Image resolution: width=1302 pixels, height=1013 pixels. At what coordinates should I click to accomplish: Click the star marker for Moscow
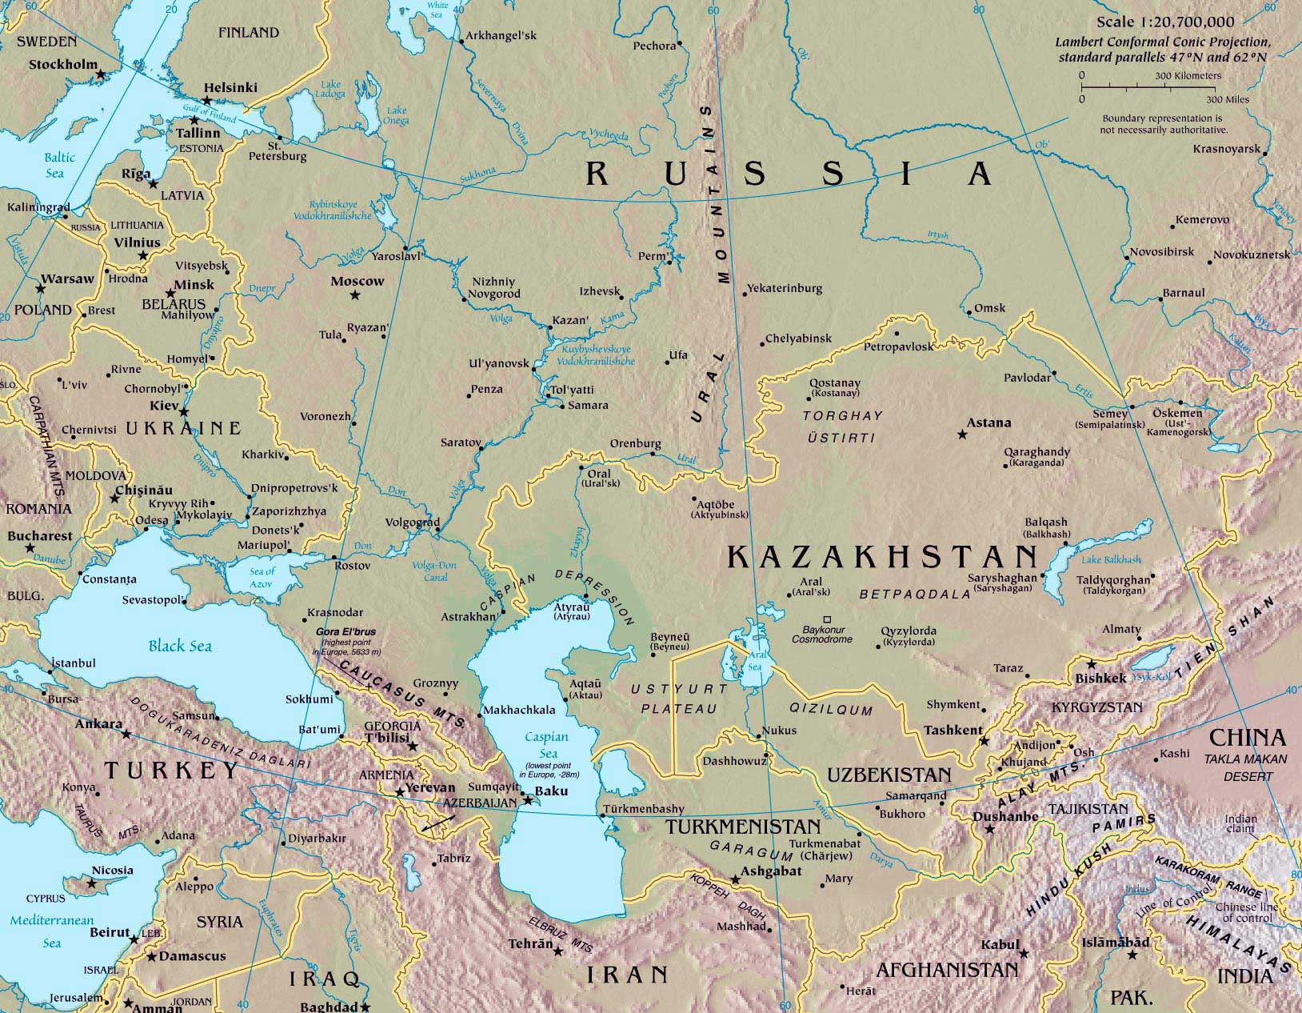coord(355,295)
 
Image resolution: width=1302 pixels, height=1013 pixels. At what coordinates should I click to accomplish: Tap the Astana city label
coord(988,422)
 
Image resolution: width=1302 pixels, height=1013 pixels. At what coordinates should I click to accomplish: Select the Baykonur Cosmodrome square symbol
coord(828,619)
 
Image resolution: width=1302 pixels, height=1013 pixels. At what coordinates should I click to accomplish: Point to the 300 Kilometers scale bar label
coord(1188,75)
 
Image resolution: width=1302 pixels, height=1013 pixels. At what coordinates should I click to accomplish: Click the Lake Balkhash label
coord(1111,559)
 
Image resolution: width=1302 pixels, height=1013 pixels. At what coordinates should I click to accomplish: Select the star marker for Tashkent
coord(984,741)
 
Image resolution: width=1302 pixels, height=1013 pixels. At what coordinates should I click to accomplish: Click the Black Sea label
coord(180,645)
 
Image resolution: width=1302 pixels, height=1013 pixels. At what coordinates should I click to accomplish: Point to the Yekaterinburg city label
coord(785,288)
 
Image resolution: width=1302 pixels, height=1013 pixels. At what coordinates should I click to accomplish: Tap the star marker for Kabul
coord(1024,952)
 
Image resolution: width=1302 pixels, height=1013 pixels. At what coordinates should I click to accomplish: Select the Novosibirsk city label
coord(1161,252)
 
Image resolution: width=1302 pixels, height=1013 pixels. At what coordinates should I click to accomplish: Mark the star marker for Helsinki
coord(207,101)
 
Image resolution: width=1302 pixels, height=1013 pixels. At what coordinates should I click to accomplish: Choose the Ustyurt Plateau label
coord(679,699)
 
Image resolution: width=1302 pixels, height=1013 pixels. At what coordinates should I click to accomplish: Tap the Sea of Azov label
coord(262,577)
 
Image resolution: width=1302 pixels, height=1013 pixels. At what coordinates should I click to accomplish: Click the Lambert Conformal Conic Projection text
coord(1161,42)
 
